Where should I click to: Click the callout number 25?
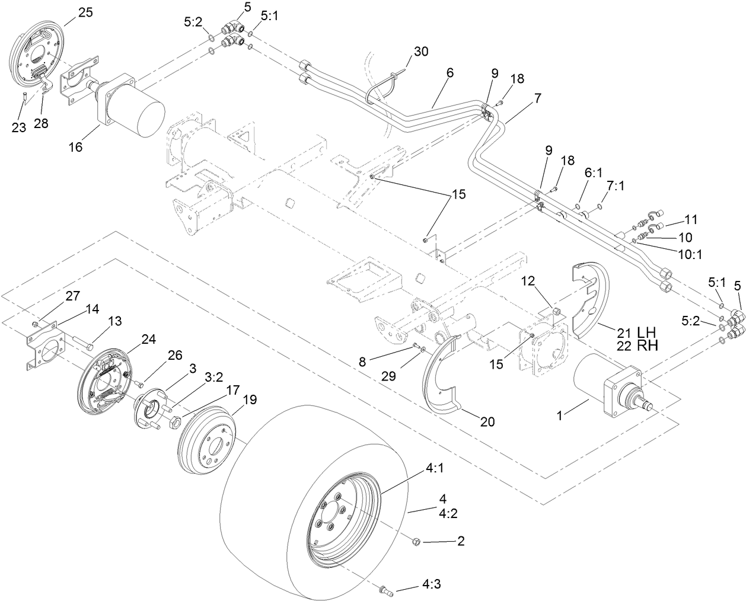click(85, 12)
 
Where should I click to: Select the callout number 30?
click(420, 52)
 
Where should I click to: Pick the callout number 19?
click(249, 400)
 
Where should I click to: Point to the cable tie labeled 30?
click(382, 86)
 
